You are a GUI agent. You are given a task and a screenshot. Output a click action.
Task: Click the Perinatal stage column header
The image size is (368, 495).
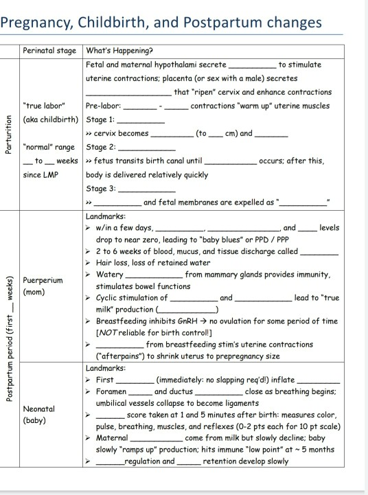click(x=50, y=51)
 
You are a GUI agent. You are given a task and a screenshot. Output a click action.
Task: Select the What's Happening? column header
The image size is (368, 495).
click(x=119, y=51)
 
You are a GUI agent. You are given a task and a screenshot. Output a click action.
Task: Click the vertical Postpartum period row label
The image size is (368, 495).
click(x=9, y=350)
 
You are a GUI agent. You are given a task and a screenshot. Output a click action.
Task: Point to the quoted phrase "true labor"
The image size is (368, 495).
click(x=44, y=106)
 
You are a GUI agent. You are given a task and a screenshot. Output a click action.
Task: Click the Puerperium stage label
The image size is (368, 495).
click(x=43, y=281)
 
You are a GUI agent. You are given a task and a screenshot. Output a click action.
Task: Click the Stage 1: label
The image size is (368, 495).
click(x=101, y=119)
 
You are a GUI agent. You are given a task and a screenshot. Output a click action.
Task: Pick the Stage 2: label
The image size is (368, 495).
click(x=101, y=147)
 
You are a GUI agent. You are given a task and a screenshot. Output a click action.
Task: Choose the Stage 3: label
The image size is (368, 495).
click(x=101, y=188)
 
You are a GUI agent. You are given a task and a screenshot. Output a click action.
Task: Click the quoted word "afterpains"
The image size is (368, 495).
click(x=122, y=356)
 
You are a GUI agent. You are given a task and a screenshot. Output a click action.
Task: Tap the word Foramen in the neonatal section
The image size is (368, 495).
click(x=111, y=391)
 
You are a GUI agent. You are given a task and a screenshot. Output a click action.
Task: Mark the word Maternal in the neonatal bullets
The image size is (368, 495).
click(x=113, y=437)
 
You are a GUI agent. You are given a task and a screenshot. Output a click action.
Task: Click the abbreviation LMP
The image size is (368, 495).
click(x=48, y=174)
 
